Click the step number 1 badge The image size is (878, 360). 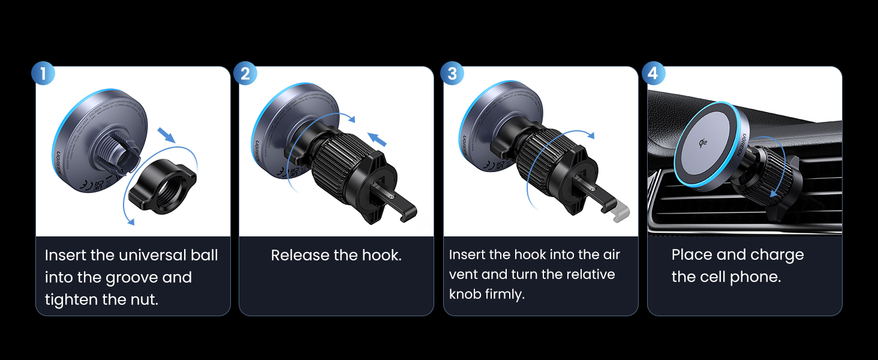[x=43, y=74]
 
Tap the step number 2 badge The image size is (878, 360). [x=245, y=74]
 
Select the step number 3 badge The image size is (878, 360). [x=452, y=74]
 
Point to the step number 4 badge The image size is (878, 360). [x=653, y=74]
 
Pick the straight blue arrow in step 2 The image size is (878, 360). [x=376, y=140]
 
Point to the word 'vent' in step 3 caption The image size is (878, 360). [x=462, y=275]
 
